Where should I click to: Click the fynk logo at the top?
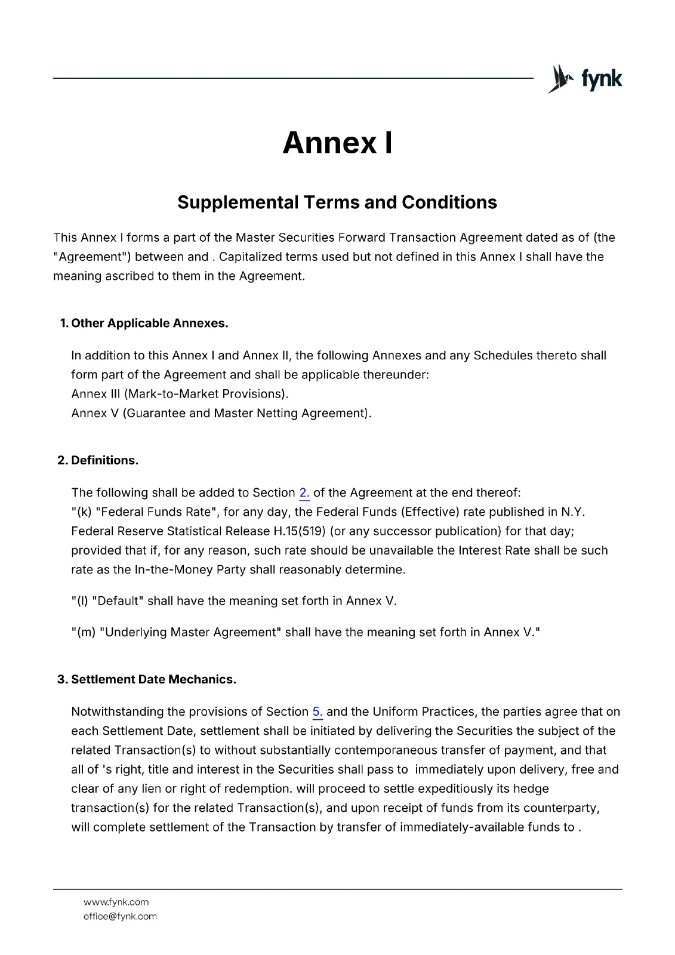[x=585, y=79]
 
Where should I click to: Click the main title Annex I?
[x=337, y=143]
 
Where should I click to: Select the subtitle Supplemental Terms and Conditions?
[x=337, y=202]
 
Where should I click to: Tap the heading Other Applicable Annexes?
[x=149, y=324]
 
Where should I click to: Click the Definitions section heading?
[x=104, y=461]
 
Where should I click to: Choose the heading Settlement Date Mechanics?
[x=153, y=680]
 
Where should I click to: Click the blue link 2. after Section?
[x=304, y=493]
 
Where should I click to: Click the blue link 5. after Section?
[x=318, y=712]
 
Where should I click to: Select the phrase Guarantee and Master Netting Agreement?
[x=246, y=414]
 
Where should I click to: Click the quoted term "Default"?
[x=118, y=601]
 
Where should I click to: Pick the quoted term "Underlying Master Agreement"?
[x=190, y=633]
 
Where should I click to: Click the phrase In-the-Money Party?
[x=190, y=570]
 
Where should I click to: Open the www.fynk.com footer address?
[x=116, y=902]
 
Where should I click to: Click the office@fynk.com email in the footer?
[x=120, y=917]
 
